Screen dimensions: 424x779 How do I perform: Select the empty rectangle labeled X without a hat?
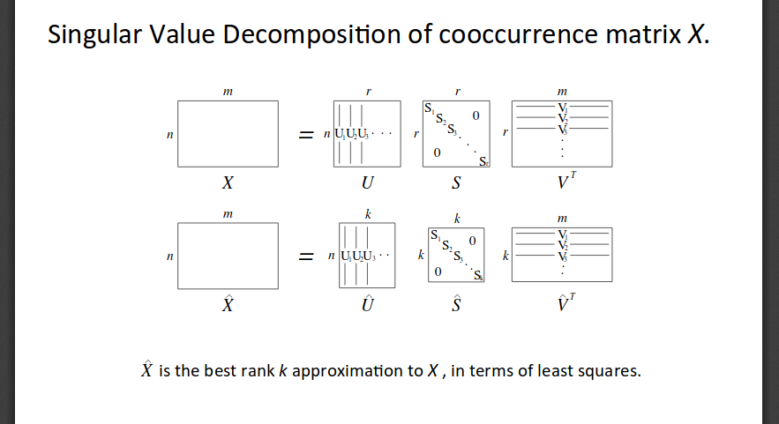[228, 134]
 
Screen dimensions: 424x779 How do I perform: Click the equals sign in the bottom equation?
[305, 256]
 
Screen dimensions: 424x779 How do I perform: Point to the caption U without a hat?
[367, 185]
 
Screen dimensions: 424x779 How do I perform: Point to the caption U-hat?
[367, 305]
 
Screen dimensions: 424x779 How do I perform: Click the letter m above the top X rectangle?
[228, 91]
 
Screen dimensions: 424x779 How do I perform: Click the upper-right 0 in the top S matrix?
[476, 115]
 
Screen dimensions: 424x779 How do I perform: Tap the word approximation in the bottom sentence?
[356, 370]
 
